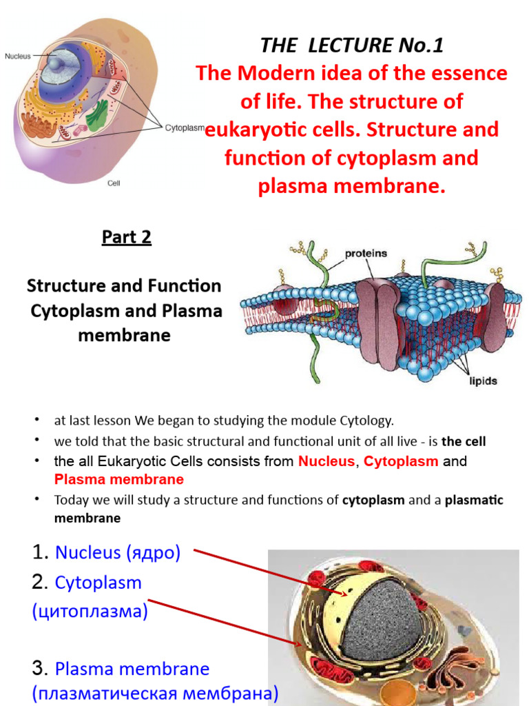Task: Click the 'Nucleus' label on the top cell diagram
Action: point(17,57)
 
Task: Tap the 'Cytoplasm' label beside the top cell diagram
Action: point(185,128)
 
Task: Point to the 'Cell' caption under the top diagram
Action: point(114,183)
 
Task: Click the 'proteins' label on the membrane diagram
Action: point(366,253)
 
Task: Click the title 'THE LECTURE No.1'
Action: point(352,46)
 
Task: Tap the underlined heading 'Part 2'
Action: point(127,237)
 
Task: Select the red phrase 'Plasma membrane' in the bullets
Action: point(118,479)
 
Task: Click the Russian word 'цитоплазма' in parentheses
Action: point(90,612)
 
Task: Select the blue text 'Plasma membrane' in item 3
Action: point(132,669)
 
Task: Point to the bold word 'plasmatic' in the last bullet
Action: point(475,500)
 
